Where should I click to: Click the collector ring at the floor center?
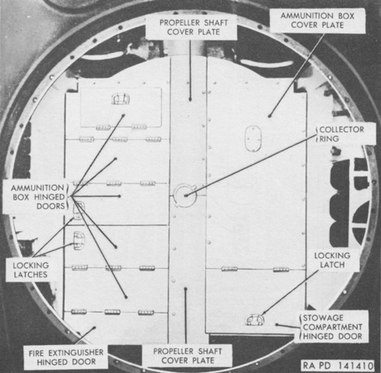tap(185, 195)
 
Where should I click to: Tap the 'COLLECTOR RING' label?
tap(341, 134)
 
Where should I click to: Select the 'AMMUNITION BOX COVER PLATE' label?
tap(317, 20)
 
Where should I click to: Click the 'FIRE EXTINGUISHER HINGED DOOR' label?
tap(66, 357)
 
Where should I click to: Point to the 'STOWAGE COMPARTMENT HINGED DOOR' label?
tap(333, 327)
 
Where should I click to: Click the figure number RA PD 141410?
tap(338, 365)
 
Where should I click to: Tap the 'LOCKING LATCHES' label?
tap(30, 270)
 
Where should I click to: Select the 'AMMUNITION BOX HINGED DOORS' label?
tap(38, 197)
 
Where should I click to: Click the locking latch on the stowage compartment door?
tap(255, 319)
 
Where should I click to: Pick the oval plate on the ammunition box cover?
tap(253, 138)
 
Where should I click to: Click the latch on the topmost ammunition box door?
tap(121, 99)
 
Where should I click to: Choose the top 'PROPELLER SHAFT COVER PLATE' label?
tap(194, 27)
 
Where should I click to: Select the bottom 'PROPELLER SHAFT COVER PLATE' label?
tap(187, 356)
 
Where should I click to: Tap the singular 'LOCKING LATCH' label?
tap(332, 260)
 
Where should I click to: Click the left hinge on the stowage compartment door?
tap(229, 269)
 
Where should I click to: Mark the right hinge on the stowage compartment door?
tap(281, 270)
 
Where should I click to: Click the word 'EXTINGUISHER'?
tap(76, 353)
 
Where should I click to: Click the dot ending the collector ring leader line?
tap(186, 196)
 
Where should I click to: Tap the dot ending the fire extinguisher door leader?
tap(94, 328)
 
